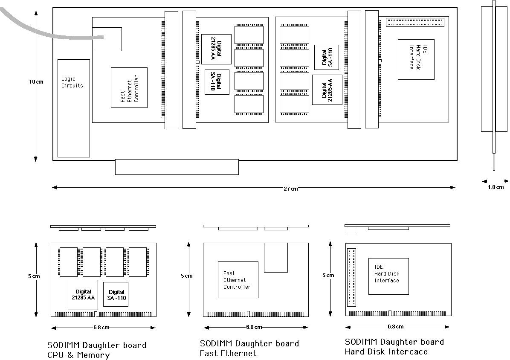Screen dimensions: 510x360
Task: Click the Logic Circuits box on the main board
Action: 73,108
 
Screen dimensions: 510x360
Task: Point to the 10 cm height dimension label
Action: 36,81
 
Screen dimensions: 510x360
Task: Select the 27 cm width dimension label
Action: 290,189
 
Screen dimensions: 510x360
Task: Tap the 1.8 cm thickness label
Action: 496,187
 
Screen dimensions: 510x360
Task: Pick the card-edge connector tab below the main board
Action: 177,167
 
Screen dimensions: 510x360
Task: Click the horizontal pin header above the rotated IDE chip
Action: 415,23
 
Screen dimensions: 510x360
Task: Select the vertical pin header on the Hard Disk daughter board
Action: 352,277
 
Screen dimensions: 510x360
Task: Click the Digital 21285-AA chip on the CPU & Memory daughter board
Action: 83,295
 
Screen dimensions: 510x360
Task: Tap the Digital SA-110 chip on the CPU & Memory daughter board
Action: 116,294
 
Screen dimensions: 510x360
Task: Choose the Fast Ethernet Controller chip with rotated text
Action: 129,87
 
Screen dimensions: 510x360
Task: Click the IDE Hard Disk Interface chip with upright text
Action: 388,276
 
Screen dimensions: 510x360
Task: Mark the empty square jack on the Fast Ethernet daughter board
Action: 276,257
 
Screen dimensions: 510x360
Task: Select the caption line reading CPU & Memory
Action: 78,355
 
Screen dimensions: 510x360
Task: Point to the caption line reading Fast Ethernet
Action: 228,353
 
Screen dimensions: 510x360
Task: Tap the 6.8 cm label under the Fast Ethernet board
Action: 254,327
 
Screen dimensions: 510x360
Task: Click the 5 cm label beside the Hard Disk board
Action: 328,276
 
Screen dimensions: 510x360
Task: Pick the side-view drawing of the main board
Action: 494,85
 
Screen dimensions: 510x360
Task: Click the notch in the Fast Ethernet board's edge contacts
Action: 249,314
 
